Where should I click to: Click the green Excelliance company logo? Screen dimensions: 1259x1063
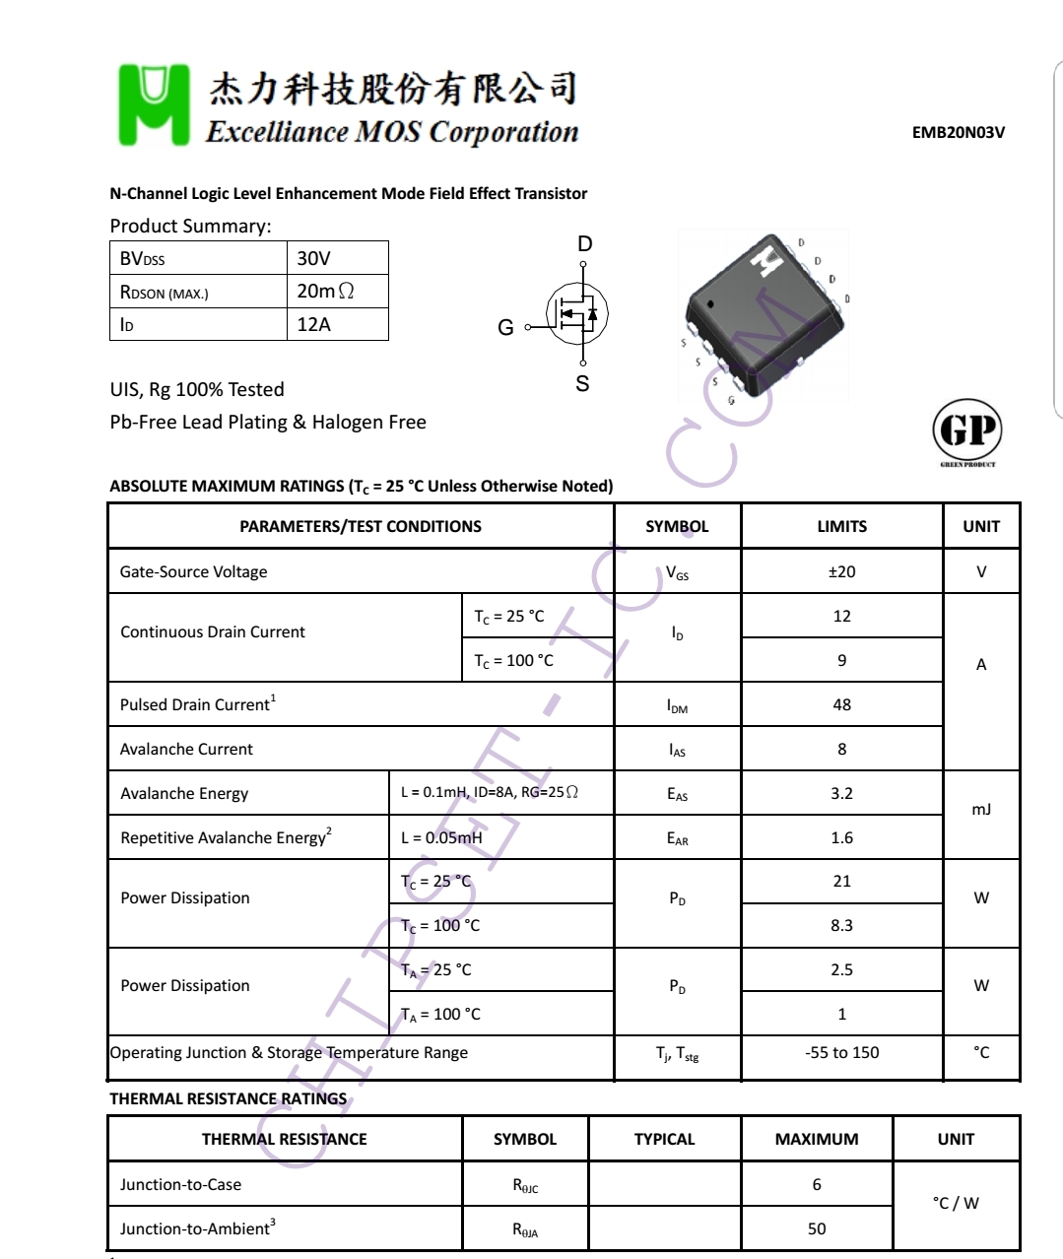tap(154, 104)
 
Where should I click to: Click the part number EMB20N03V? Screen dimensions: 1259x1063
tap(958, 133)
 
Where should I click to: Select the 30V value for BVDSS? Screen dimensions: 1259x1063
tap(314, 258)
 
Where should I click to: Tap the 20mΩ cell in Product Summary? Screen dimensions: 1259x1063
tap(325, 291)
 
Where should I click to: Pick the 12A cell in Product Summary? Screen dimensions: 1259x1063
tap(314, 324)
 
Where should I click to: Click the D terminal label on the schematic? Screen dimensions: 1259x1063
tap(584, 244)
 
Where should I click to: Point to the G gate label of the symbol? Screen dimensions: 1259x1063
tap(505, 327)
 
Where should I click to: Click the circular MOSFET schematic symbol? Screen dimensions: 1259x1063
tap(577, 314)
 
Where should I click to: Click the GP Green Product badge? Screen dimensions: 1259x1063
tap(966, 432)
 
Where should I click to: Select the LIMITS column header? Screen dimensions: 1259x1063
tap(841, 526)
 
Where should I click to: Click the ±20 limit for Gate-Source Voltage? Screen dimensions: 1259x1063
tap(841, 571)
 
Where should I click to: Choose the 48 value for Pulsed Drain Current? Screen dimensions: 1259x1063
tap(841, 704)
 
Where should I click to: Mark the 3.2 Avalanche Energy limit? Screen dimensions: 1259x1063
tap(841, 793)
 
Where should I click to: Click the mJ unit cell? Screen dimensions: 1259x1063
tap(981, 810)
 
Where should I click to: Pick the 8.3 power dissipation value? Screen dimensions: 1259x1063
tap(841, 925)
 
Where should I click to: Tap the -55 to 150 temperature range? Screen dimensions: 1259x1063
tap(841, 1052)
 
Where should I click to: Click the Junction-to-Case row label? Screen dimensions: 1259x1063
tap(180, 1184)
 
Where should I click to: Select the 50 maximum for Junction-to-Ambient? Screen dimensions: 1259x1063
tap(817, 1228)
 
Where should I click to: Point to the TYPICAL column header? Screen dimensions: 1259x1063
tap(664, 1139)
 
